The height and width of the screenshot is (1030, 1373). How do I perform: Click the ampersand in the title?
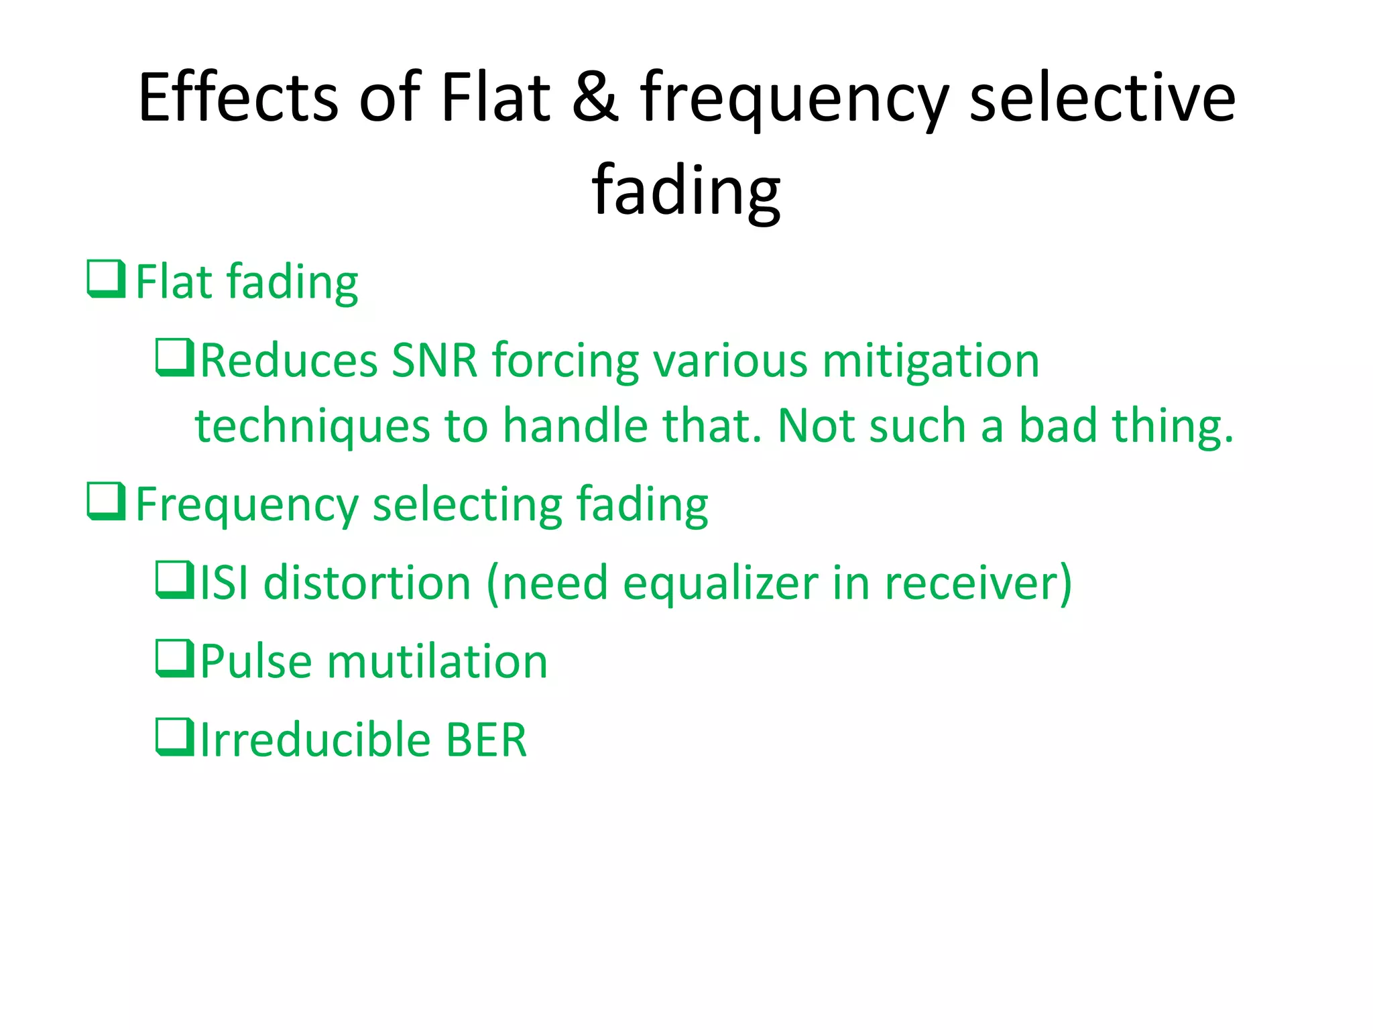[595, 97]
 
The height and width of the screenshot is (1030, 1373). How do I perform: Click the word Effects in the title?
[238, 97]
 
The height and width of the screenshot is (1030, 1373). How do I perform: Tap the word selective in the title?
[1102, 97]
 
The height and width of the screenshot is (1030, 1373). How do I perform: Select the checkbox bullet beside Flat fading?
[106, 279]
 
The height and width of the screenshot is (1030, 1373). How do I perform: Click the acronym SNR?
[434, 361]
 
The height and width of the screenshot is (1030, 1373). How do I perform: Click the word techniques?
[312, 427]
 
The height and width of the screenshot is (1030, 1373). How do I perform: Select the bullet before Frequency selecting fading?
[106, 502]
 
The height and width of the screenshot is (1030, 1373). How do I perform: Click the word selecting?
[467, 505]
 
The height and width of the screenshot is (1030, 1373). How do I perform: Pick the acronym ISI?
[225, 582]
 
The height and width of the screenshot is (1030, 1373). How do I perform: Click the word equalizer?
[720, 583]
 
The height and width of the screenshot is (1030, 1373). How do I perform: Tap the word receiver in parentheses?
[971, 582]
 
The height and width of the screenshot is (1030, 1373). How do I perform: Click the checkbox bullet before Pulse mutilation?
[174, 659]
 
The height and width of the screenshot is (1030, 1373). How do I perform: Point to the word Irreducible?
[315, 739]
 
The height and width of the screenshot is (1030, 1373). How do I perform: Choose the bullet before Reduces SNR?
[174, 357]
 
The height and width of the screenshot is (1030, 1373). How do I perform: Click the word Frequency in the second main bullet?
[246, 505]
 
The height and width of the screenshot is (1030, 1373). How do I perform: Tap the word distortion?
[367, 582]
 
